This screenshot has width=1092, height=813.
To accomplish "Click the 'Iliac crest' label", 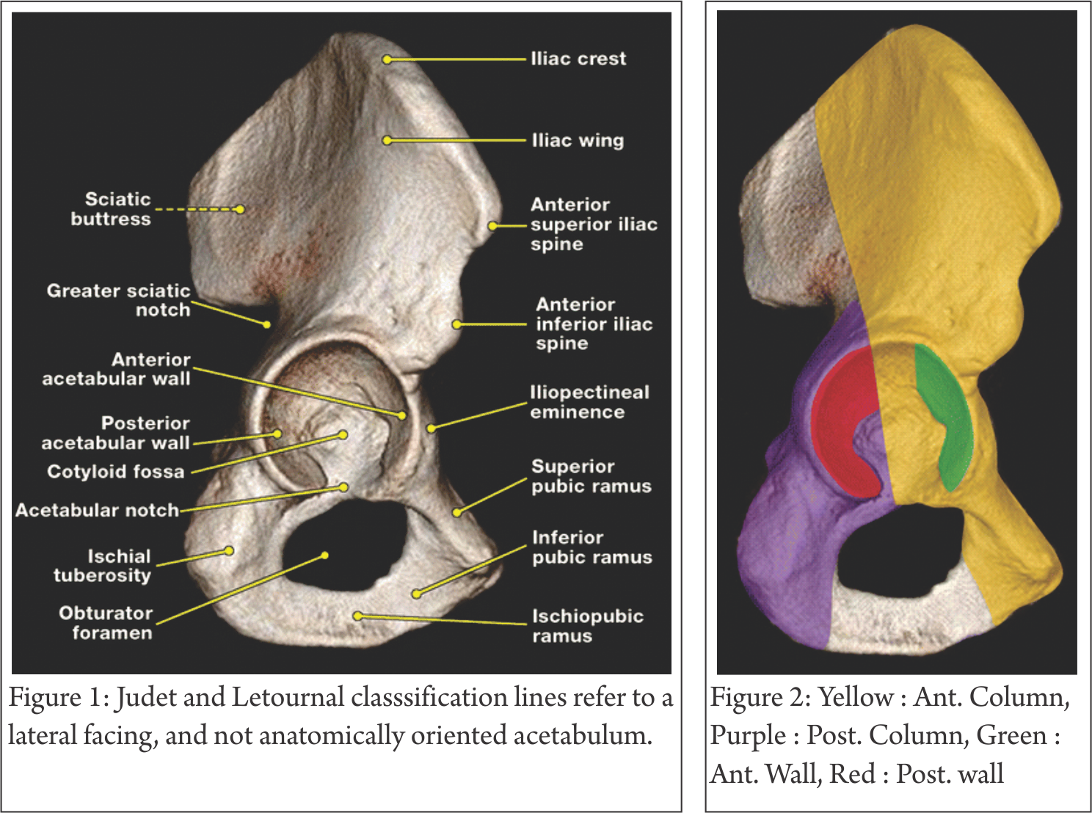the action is point(578,59).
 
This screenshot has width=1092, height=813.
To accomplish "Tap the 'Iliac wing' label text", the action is point(578,140).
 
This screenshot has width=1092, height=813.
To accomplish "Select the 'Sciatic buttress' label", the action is point(112,209).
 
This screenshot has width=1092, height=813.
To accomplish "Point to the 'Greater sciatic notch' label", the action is point(119,300).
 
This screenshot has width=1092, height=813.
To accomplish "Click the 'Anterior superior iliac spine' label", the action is point(593,225).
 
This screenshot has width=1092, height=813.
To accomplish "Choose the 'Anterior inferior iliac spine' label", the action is point(593,324).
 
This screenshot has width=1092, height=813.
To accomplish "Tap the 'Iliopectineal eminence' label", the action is point(589,402).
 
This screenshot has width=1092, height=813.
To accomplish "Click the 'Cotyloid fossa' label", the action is point(115,471).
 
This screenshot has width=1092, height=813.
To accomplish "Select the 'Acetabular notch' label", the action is point(97,510).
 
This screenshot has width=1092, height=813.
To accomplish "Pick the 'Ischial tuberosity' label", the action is point(103,566).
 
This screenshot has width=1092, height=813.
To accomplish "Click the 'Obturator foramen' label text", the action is point(106,622).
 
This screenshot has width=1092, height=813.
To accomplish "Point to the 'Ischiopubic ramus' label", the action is point(587,626).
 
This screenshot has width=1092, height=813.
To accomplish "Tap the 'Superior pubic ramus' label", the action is point(591,476).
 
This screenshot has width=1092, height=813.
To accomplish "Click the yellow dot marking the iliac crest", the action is point(387,59).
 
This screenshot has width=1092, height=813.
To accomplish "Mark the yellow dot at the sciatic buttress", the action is point(239,209).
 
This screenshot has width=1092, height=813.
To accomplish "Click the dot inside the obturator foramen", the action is point(325,555).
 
